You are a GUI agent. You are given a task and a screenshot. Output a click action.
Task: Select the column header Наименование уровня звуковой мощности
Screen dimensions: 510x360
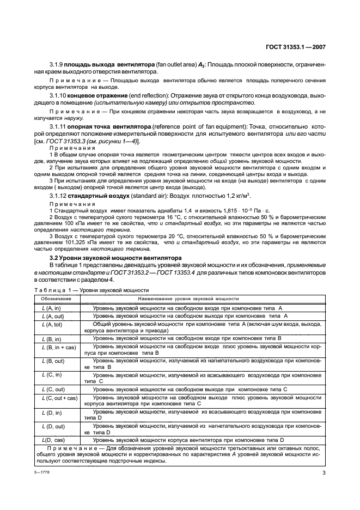(x=188, y=299)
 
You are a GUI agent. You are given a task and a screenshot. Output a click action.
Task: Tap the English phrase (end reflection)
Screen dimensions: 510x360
(x=145, y=96)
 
